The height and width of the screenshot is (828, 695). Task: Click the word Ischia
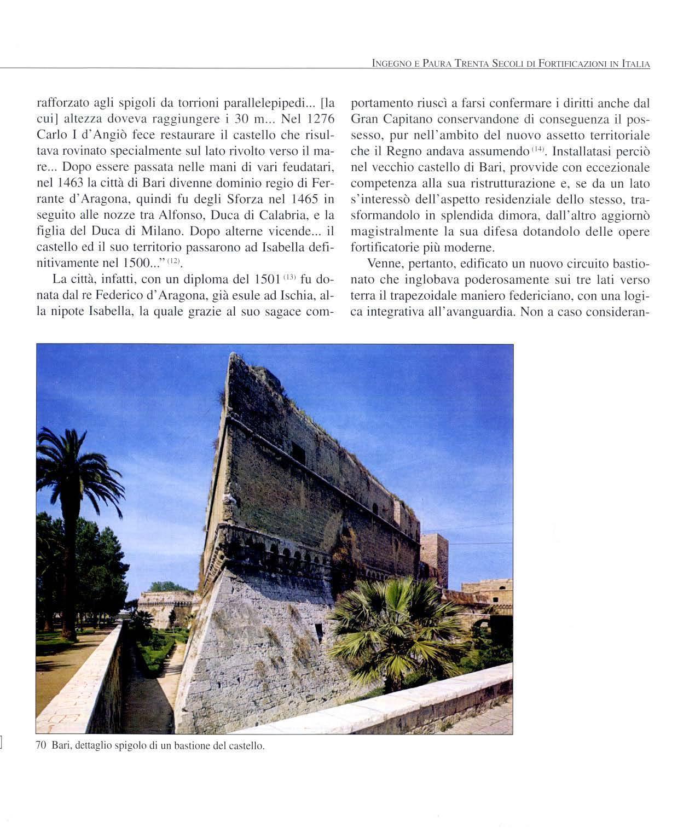tap(300, 295)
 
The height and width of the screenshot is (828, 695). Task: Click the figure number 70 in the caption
tap(40, 745)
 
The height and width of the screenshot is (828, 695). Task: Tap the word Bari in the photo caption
tap(60, 745)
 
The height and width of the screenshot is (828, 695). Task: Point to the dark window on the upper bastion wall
tap(298, 452)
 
